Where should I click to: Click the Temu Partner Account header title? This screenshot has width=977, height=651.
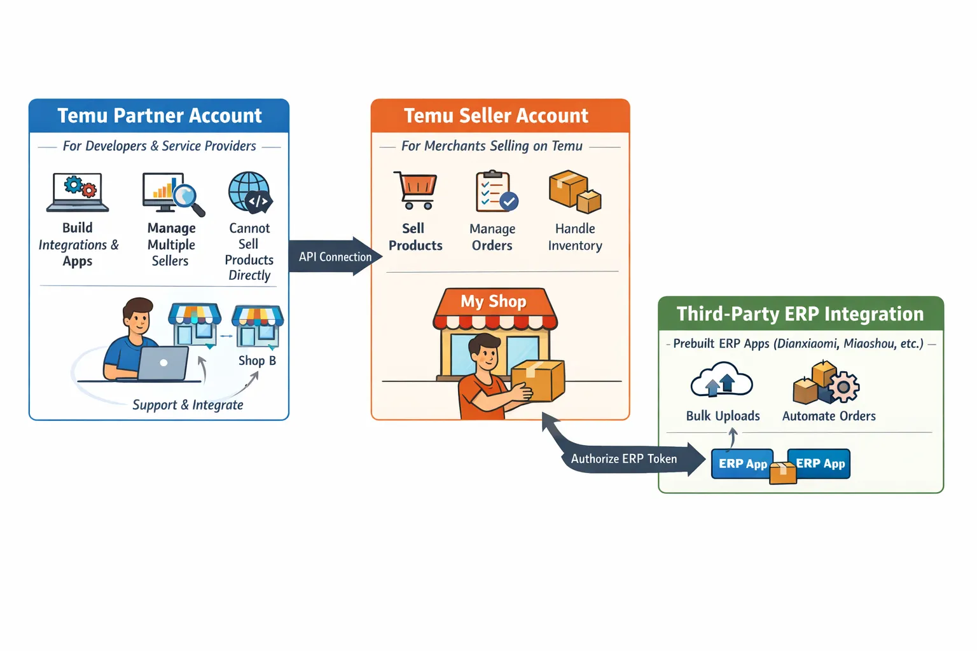tap(159, 116)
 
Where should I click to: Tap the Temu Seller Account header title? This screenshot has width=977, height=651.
tap(496, 116)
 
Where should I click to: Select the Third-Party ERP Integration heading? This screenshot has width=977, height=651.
tap(800, 314)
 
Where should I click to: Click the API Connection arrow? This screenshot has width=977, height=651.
tap(336, 257)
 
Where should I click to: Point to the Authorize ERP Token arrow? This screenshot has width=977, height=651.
tap(623, 458)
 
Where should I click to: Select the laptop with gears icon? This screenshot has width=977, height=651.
tap(78, 192)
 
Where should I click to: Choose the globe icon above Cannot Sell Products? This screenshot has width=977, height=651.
tap(250, 192)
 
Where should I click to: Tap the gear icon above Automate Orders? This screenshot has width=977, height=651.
tap(843, 387)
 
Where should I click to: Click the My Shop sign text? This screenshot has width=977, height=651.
tap(494, 301)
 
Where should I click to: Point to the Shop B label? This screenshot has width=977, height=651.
tap(257, 360)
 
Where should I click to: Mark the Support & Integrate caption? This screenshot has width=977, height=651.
tap(188, 405)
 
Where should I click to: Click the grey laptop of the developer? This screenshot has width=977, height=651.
tap(163, 363)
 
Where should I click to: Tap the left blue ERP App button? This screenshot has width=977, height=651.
tap(742, 463)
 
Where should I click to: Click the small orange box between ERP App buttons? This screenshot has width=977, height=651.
tap(783, 472)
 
